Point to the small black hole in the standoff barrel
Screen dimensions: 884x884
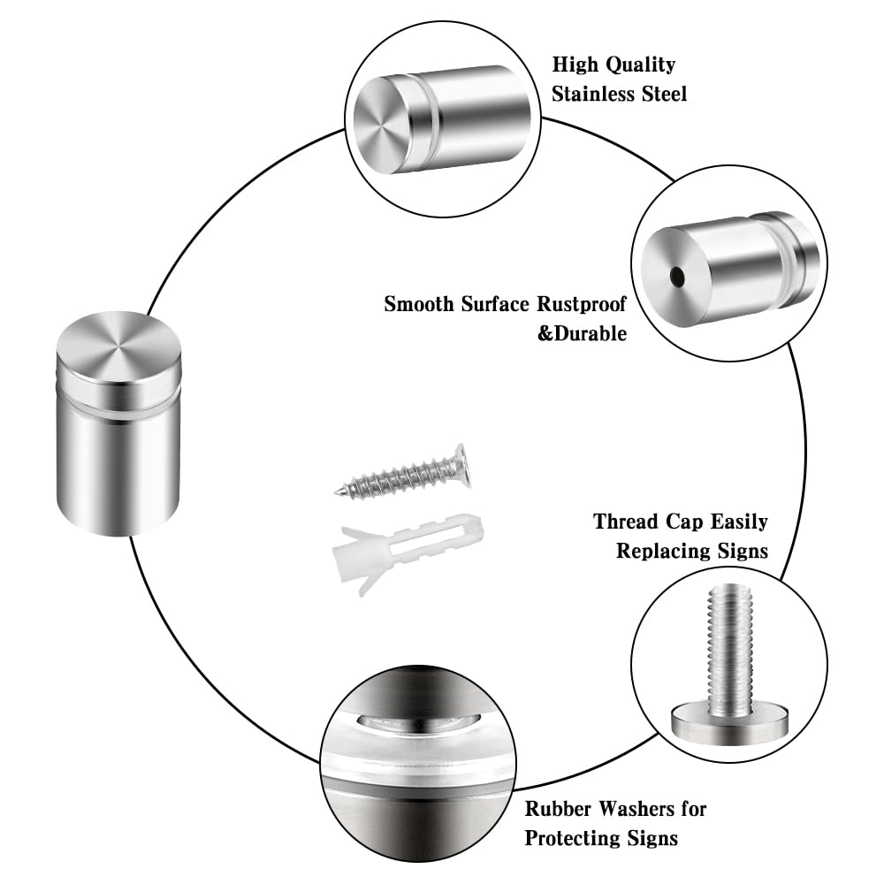click(x=677, y=278)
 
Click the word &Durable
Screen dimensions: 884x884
click(x=583, y=334)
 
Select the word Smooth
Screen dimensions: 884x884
click(x=420, y=305)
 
